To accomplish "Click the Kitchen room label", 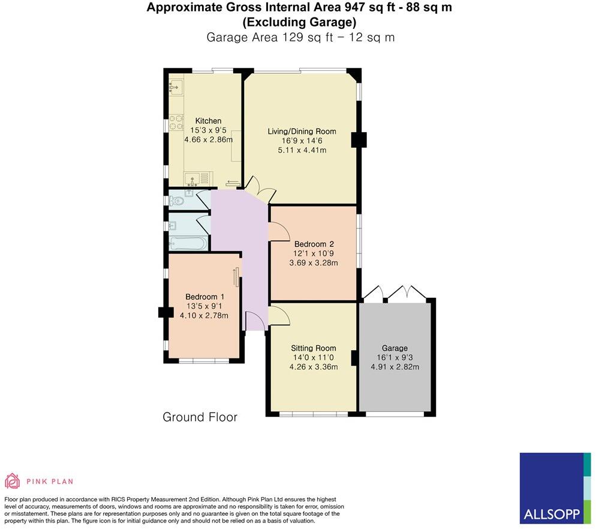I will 208,121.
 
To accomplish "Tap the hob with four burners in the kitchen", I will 176,122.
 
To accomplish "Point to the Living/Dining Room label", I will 302,131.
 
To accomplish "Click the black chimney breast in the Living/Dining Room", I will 359,140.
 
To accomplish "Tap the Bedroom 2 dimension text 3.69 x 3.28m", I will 314,263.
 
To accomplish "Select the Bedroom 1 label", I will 204,297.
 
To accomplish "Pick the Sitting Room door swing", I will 279,315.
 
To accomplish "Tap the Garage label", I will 395,348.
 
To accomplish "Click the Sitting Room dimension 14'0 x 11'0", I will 313,358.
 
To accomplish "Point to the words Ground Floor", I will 200,417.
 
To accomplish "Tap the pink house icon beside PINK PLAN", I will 13,481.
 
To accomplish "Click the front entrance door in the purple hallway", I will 255,322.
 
